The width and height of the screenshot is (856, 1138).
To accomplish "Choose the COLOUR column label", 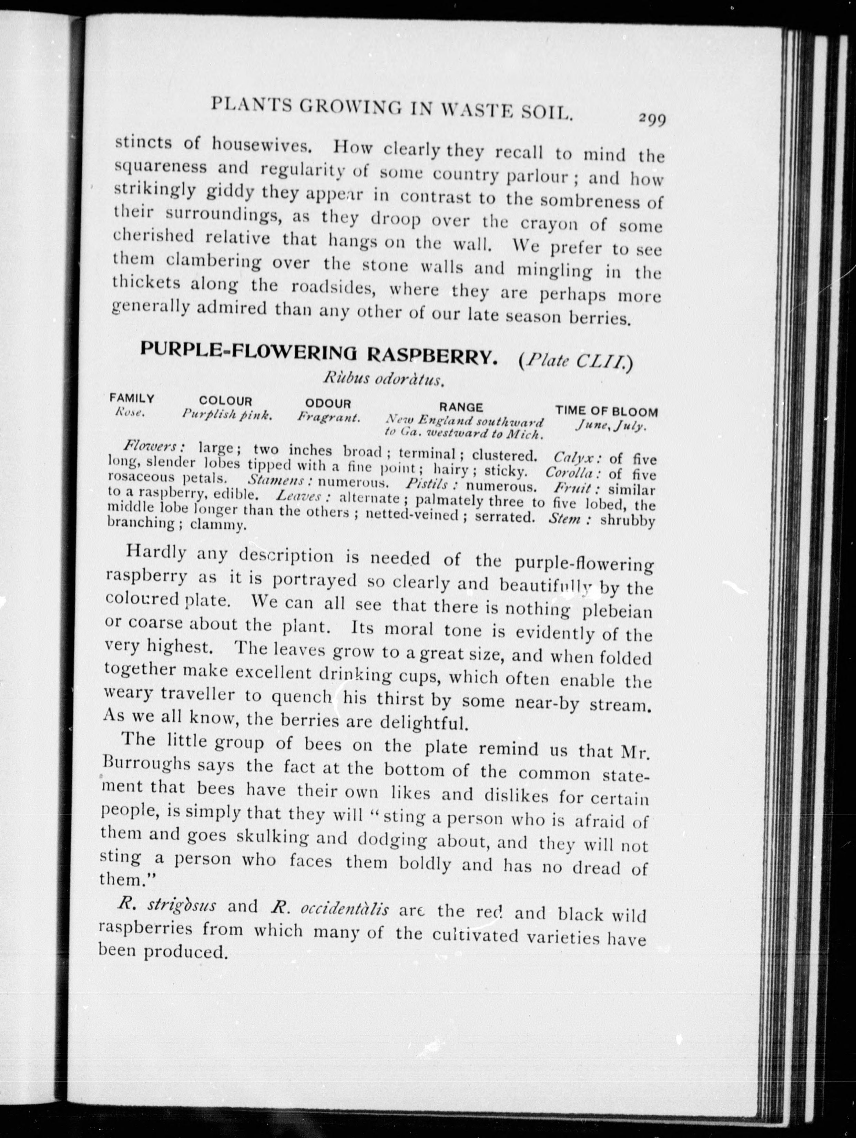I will click(225, 401).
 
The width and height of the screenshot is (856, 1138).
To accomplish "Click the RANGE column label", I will click(461, 407).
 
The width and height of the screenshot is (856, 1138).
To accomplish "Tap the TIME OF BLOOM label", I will click(607, 412).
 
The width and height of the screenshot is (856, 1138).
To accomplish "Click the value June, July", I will click(611, 426).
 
